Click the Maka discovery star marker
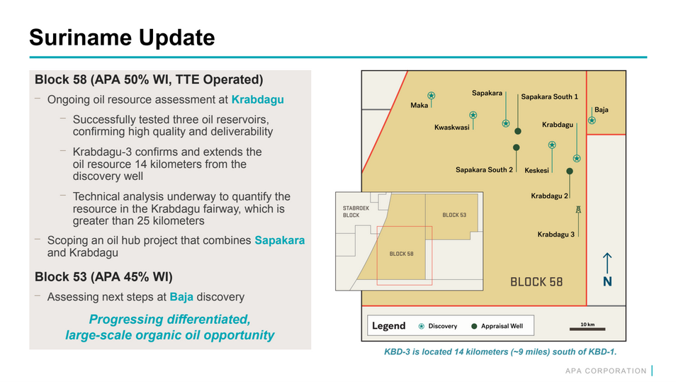[x=431, y=95]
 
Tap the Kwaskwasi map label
[x=452, y=127]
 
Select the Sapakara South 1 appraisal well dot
[x=518, y=131]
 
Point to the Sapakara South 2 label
[x=484, y=169]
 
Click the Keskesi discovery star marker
[x=552, y=145]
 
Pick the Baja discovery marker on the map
[x=592, y=120]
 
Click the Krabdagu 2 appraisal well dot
[x=570, y=172]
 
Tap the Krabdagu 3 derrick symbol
[x=578, y=210]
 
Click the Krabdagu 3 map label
[x=556, y=234]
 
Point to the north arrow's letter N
[x=607, y=281]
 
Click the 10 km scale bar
[x=587, y=329]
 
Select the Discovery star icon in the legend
[x=421, y=326]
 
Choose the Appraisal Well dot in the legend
[x=474, y=326]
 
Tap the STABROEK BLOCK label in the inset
[x=356, y=212]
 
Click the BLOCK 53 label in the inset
[x=454, y=215]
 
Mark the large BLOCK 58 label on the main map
[x=536, y=282]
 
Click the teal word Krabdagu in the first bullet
[x=257, y=100]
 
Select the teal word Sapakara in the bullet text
[x=279, y=240]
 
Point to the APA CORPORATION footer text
[x=606, y=371]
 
